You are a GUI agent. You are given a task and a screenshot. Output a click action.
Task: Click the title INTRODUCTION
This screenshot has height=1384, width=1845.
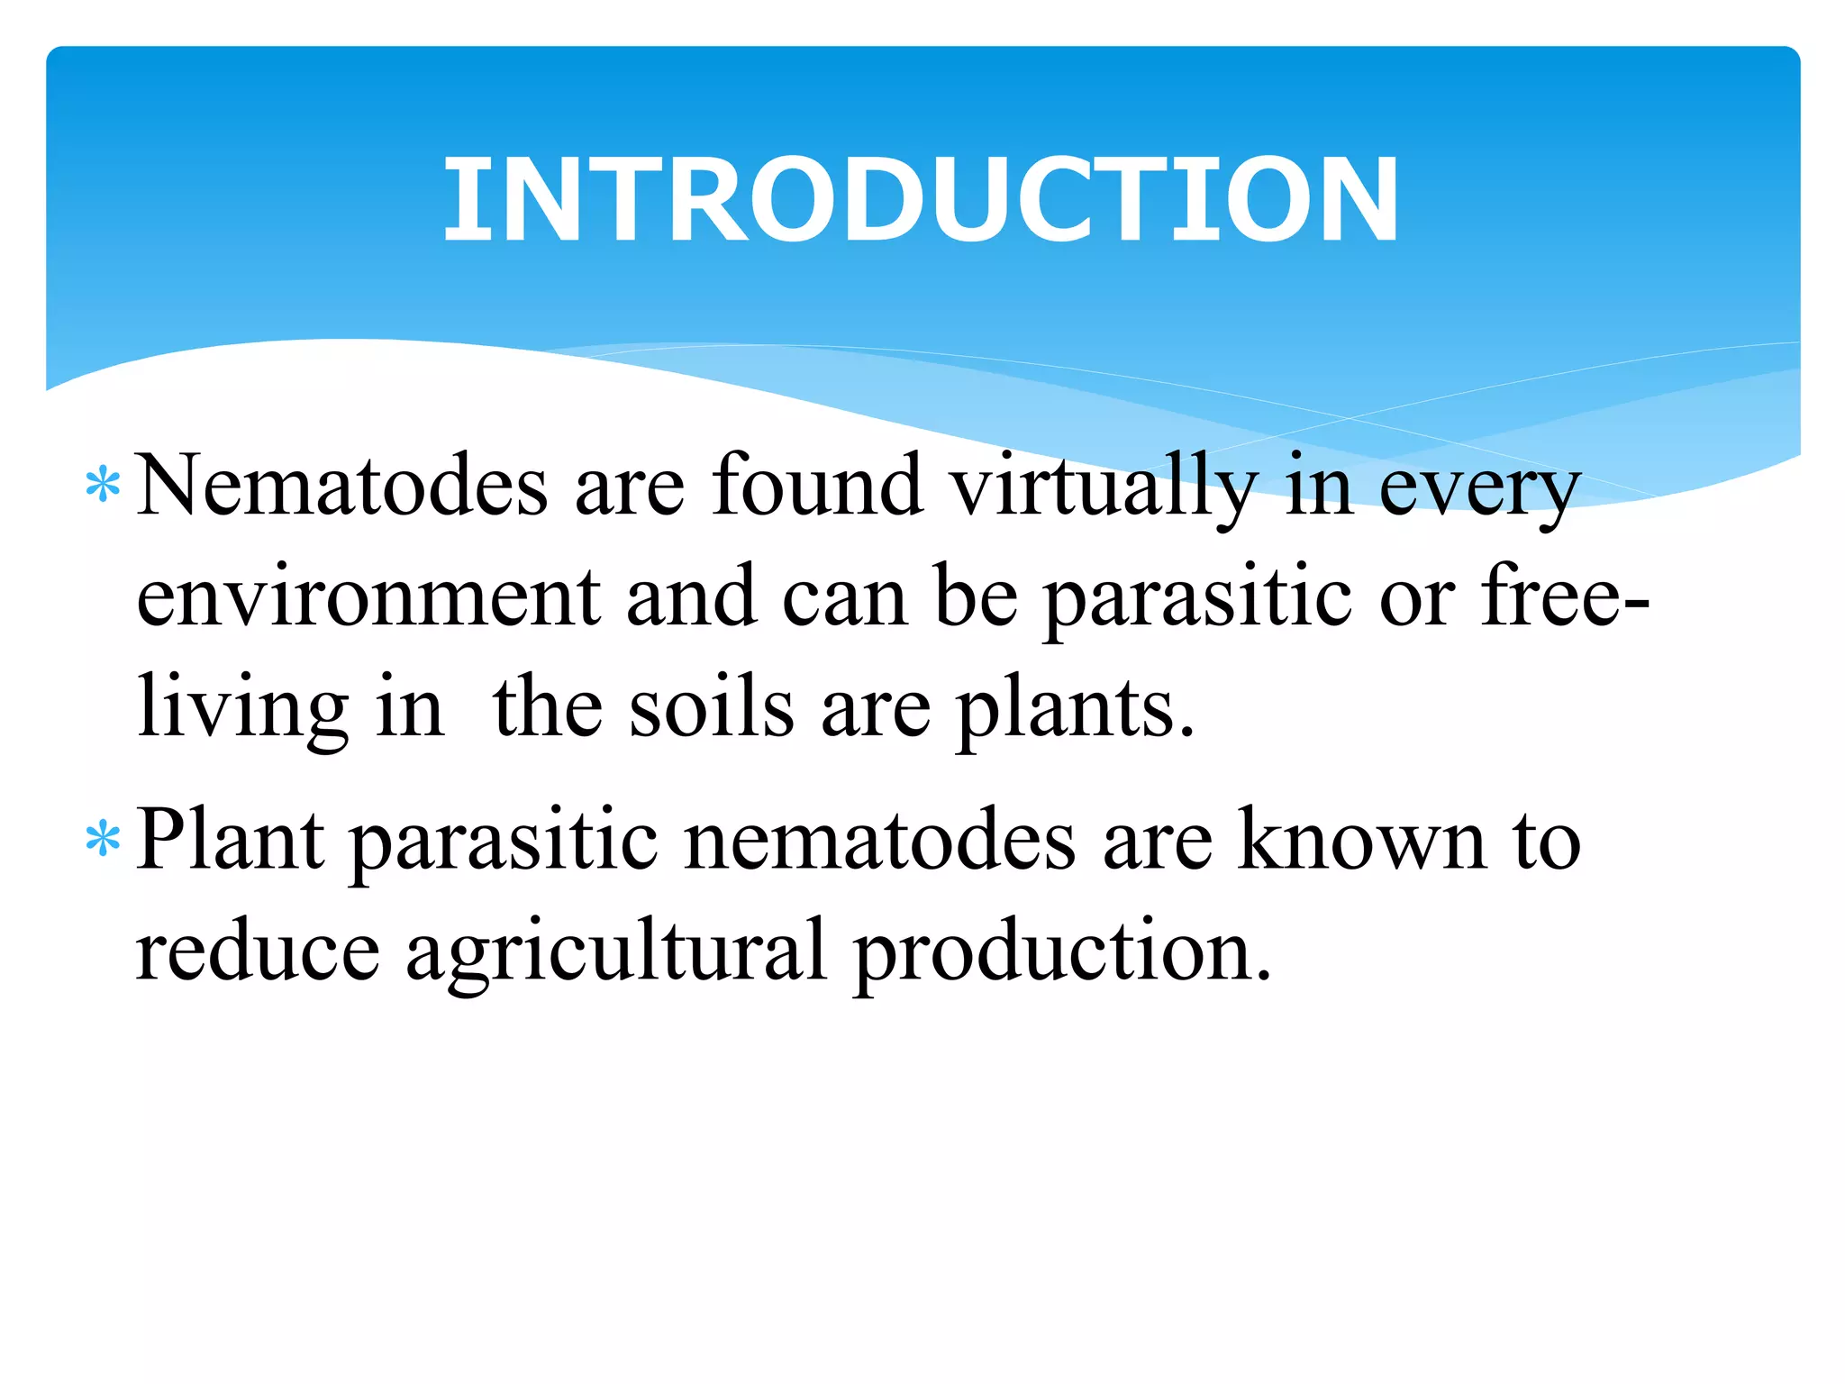tap(921, 200)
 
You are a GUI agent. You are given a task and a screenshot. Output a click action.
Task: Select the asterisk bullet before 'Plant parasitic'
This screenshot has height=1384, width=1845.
tap(103, 839)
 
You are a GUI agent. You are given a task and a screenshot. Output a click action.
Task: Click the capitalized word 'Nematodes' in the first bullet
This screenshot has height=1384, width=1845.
tap(341, 487)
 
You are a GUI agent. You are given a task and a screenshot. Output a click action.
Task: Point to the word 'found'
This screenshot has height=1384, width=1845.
tap(817, 487)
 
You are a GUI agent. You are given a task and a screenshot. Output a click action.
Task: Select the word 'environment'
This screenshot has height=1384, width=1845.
tap(368, 597)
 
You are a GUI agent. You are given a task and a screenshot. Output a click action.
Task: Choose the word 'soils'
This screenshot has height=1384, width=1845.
tap(712, 707)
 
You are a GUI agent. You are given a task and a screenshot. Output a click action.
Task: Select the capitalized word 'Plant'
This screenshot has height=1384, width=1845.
tap(231, 840)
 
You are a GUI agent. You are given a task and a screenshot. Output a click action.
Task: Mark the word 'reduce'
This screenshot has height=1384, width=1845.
tap(258, 951)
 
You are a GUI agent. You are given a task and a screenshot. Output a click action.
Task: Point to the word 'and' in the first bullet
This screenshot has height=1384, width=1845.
tap(691, 596)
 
